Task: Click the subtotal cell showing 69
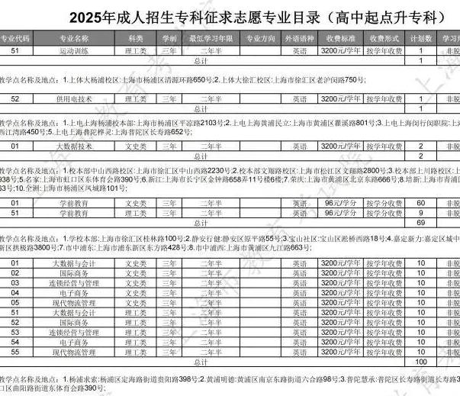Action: (x=420, y=222)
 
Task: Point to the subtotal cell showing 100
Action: (x=420, y=361)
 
